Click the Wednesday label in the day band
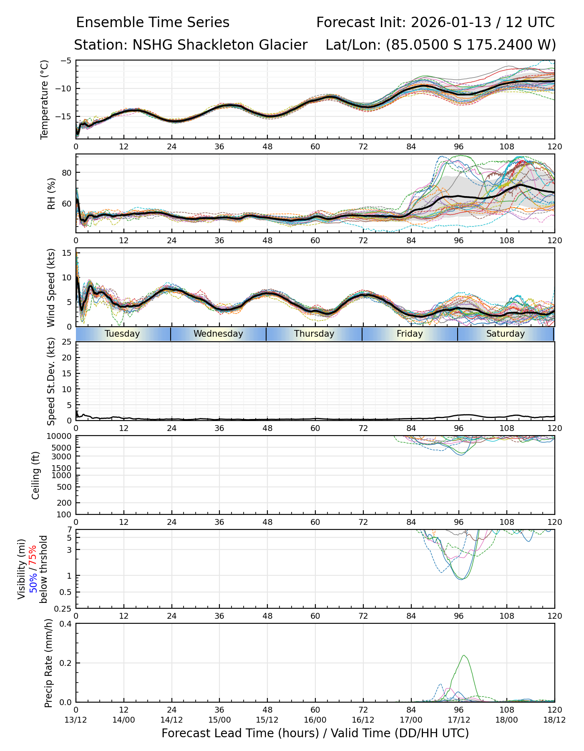218,334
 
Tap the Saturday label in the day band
505,334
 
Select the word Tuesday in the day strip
122,334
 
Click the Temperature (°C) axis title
45,99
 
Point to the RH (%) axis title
51,194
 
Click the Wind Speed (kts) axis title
51,287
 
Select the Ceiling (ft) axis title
36,475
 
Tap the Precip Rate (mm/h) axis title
48,663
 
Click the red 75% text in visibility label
33,556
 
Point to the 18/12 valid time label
554,720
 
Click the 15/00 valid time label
219,720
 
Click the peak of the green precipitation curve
464,655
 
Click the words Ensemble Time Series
153,23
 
